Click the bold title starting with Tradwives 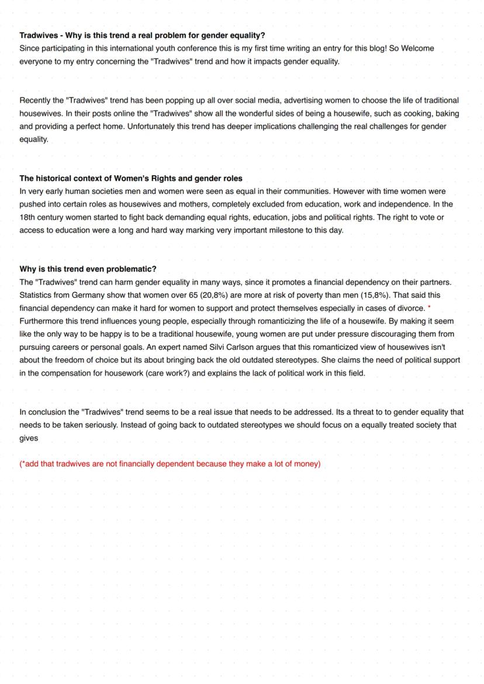142,36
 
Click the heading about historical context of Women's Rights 130,178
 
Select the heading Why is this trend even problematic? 88,269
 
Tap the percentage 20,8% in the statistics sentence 213,295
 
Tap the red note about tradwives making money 170,464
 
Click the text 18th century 41,217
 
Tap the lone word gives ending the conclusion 29,438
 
